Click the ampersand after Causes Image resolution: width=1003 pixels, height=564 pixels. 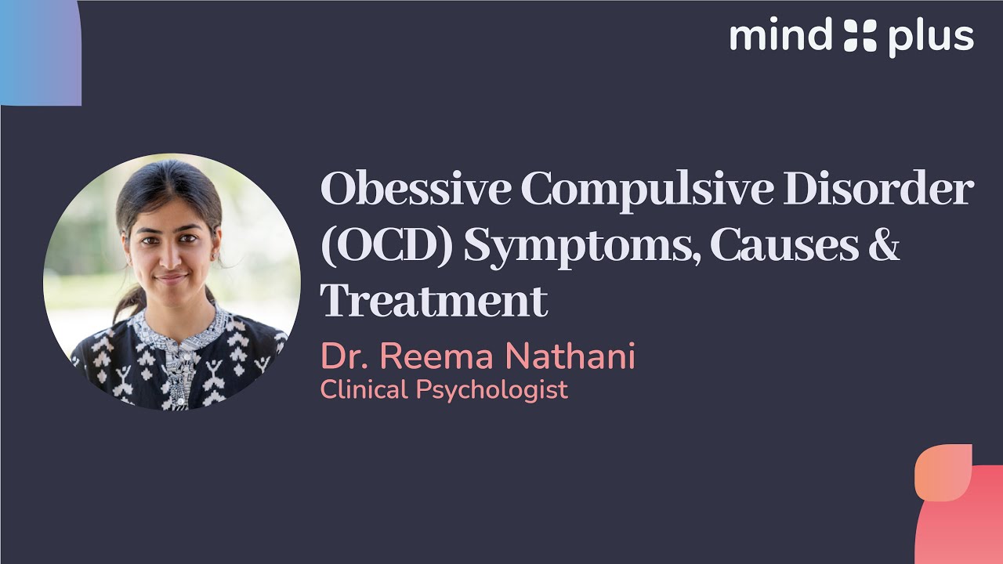(x=885, y=246)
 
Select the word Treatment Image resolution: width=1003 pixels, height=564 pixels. (x=434, y=301)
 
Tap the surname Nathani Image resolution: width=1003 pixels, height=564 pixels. (x=570, y=356)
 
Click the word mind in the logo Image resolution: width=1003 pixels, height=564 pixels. (x=780, y=37)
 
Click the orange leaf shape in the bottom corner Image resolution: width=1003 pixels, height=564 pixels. (x=943, y=472)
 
